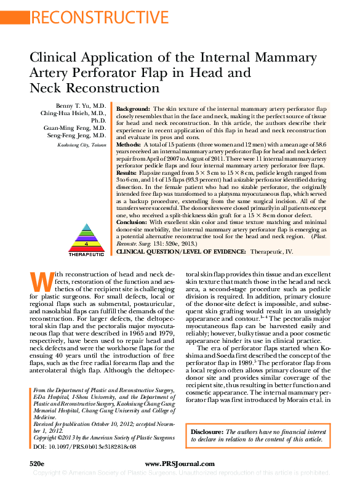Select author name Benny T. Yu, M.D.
click(x=81, y=106)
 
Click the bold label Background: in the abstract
click(x=133, y=108)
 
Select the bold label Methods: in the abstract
click(x=130, y=143)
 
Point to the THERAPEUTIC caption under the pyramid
click(x=86, y=253)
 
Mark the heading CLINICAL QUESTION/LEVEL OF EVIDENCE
click(x=180, y=252)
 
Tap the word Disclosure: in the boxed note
click(x=209, y=433)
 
